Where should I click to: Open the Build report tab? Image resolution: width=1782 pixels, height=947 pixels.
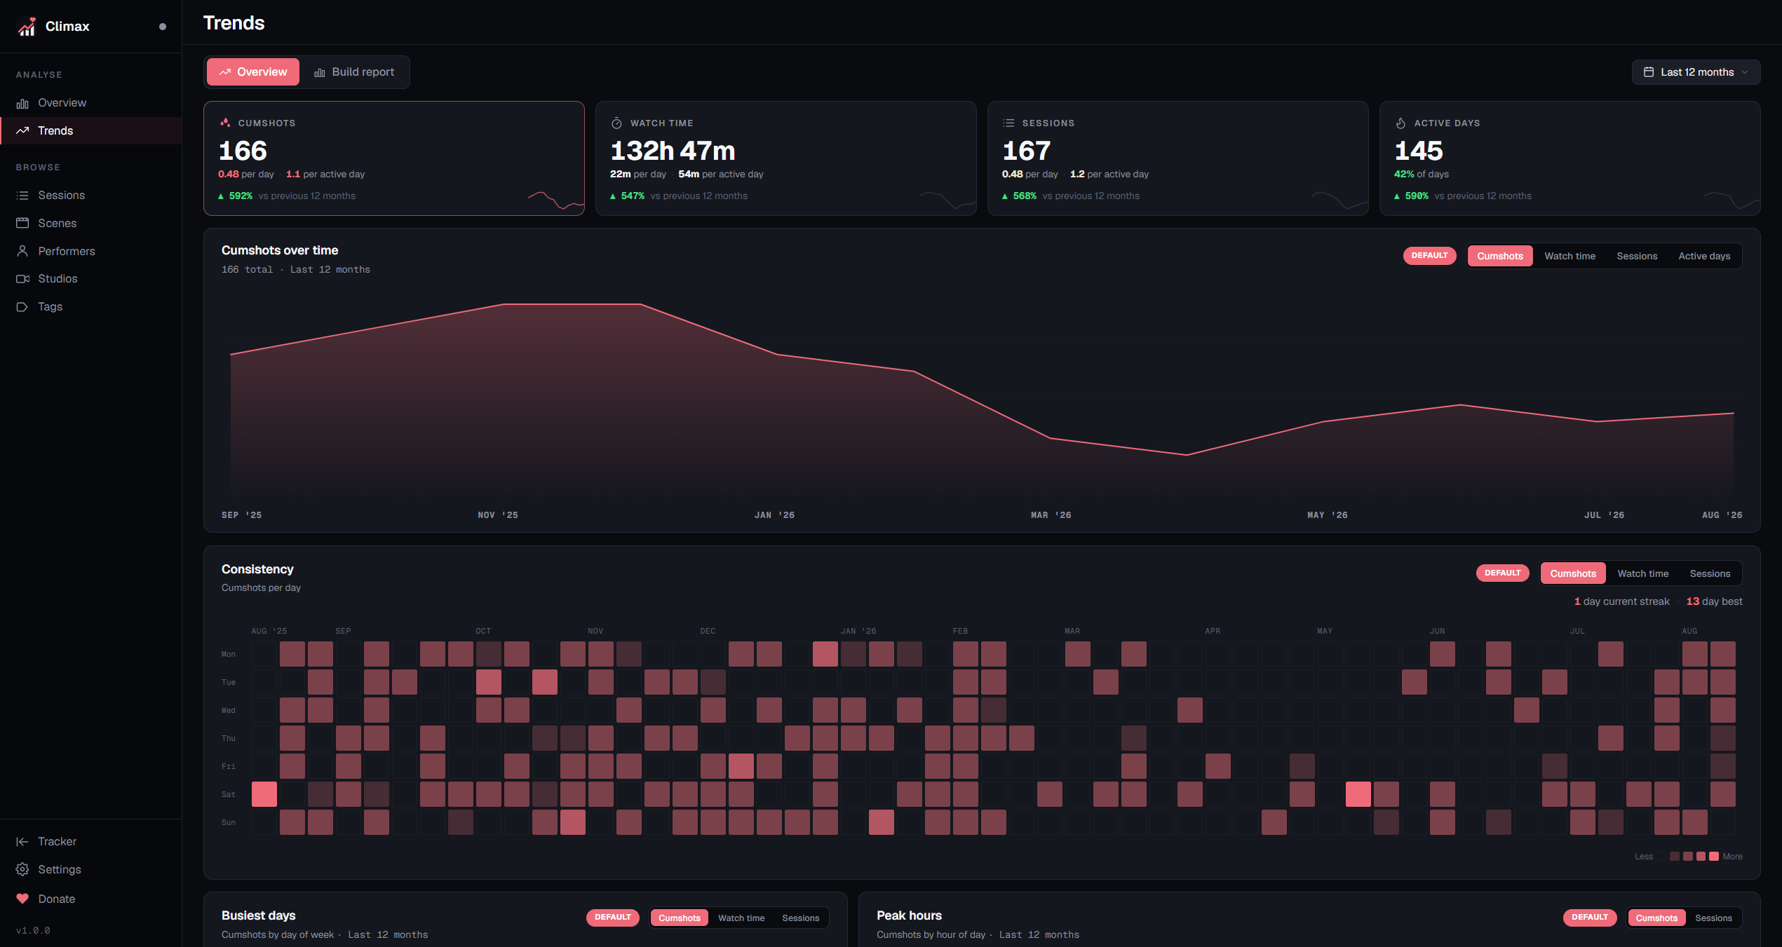(354, 72)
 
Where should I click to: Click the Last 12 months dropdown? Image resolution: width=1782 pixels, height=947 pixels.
(1696, 72)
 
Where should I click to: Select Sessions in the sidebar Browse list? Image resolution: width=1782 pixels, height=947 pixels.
(61, 195)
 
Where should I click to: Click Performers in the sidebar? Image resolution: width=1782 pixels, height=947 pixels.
(66, 251)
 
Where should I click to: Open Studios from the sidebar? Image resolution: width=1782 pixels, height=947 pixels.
(58, 278)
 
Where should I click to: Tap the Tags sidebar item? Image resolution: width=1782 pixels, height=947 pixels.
(50, 306)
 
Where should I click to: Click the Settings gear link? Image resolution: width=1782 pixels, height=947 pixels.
(59, 869)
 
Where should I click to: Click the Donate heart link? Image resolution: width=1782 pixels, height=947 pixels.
(56, 899)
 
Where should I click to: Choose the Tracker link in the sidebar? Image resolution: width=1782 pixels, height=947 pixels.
(57, 841)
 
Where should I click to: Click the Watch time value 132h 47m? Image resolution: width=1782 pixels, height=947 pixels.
(673, 151)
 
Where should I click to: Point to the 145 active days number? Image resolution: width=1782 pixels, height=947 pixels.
(1418, 151)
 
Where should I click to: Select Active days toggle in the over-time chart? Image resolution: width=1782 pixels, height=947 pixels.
(1704, 256)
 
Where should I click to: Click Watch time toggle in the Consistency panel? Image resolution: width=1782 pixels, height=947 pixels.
(1643, 573)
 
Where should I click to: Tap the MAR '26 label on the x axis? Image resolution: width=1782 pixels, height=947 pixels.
(1051, 515)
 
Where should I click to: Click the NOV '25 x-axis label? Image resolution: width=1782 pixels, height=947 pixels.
(498, 515)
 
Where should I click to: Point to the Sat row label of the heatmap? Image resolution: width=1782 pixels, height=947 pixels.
(229, 794)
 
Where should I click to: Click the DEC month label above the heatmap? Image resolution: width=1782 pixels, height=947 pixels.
(708, 631)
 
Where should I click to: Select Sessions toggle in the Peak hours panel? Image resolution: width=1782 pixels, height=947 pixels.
(1713, 918)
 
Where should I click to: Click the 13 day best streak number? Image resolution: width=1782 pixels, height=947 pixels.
(1692, 601)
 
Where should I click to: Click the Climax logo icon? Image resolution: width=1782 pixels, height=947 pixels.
(27, 27)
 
